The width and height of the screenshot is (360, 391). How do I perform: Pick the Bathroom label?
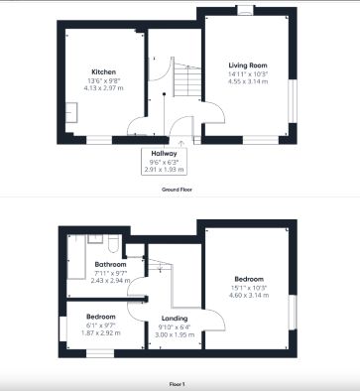point(111,265)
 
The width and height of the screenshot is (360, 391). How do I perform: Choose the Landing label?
point(175,318)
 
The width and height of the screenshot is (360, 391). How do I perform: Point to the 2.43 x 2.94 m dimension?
point(111,281)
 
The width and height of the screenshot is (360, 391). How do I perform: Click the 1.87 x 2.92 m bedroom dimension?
point(98,333)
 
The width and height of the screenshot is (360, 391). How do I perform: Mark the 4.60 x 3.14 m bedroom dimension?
point(249,294)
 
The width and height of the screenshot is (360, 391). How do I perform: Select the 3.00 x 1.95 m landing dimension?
point(175,333)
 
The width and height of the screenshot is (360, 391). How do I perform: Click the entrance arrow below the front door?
point(194,140)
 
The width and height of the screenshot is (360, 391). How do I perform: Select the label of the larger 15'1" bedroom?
point(249,278)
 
